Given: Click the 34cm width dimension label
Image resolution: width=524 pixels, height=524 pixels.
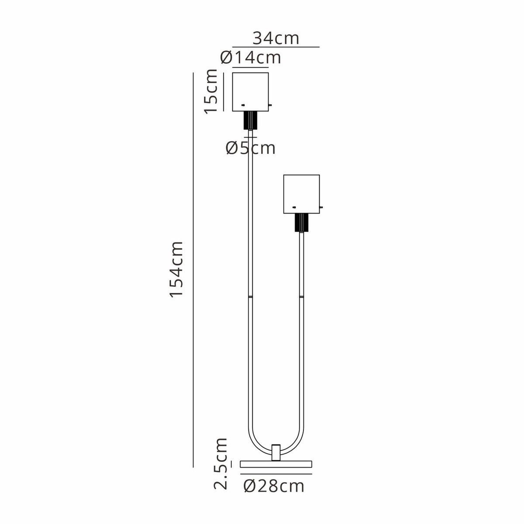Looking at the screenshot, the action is pyautogui.click(x=276, y=38).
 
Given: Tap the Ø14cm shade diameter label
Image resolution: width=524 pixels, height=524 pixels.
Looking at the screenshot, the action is pyautogui.click(x=251, y=58).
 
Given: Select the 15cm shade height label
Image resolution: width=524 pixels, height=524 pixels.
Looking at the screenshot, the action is pyautogui.click(x=211, y=91).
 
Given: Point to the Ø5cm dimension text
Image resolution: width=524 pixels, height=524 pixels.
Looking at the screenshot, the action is pyautogui.click(x=251, y=148).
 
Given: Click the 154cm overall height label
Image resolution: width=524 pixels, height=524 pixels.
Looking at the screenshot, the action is pyautogui.click(x=176, y=269).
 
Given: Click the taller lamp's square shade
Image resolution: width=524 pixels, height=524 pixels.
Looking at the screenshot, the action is pyautogui.click(x=250, y=92).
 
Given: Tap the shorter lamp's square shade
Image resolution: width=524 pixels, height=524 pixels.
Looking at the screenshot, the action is pyautogui.click(x=301, y=194).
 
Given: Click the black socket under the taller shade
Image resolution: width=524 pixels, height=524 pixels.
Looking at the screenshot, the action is pyautogui.click(x=250, y=120).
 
